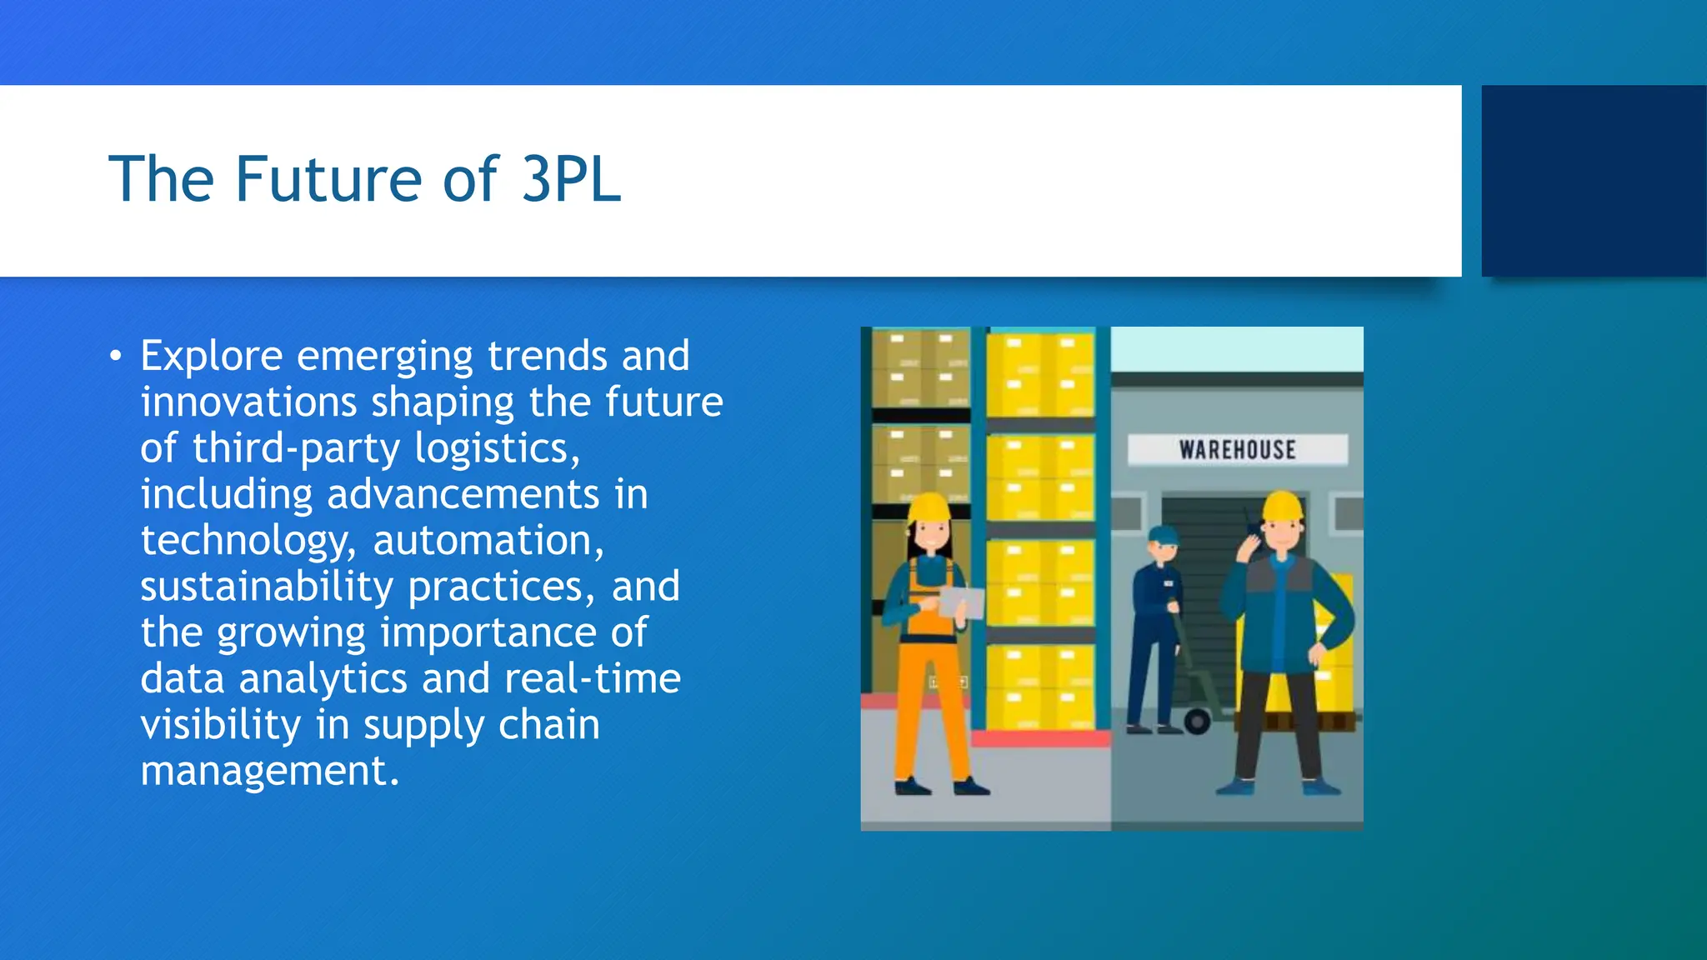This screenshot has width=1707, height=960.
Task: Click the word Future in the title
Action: pyautogui.click(x=328, y=179)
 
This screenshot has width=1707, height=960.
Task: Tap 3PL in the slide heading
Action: pyautogui.click(x=571, y=179)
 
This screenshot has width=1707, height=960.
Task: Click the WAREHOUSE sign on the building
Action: pyautogui.click(x=1237, y=450)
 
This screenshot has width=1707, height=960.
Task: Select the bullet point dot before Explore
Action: pyautogui.click(x=115, y=357)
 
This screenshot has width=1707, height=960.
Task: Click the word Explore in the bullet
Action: pyautogui.click(x=212, y=357)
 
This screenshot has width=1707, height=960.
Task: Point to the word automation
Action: pyautogui.click(x=488, y=540)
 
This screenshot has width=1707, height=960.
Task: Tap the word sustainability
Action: pyautogui.click(x=267, y=587)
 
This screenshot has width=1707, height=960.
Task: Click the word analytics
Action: pyautogui.click(x=323, y=678)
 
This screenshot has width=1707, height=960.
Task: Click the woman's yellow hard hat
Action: pyautogui.click(x=929, y=507)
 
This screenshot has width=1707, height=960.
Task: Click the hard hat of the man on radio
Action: pyautogui.click(x=1283, y=506)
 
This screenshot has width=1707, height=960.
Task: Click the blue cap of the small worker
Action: pyautogui.click(x=1163, y=534)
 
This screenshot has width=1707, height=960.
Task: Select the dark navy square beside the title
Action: pyautogui.click(x=1594, y=181)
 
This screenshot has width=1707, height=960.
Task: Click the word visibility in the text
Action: pyautogui.click(x=221, y=725)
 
